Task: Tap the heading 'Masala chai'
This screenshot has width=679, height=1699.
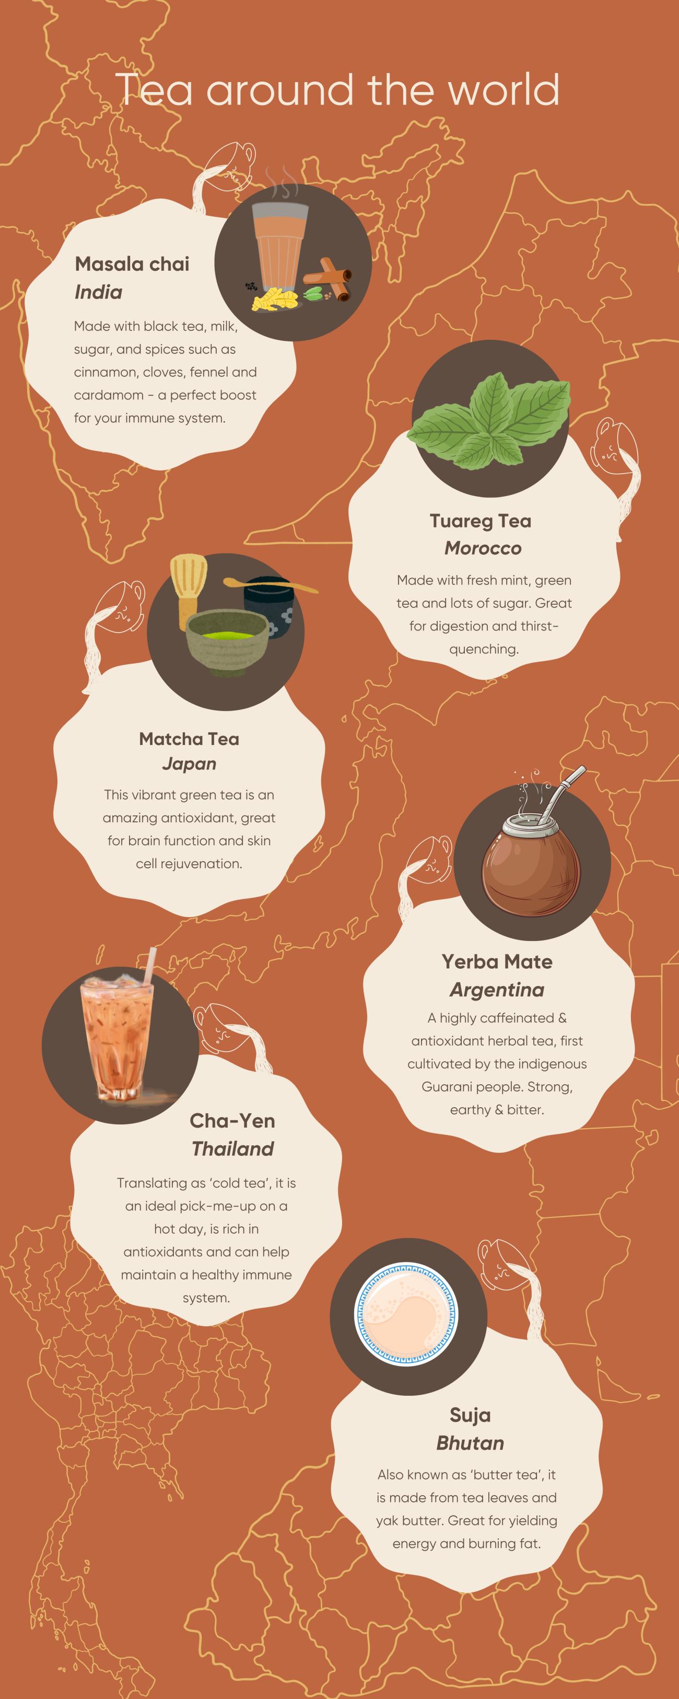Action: tap(132, 264)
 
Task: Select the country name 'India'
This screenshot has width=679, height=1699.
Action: tap(98, 292)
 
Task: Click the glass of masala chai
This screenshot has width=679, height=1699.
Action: tap(280, 249)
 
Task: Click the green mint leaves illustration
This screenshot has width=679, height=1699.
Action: tap(488, 421)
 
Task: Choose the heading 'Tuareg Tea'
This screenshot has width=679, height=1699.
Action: tap(481, 521)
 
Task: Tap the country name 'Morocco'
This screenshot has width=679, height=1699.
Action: tap(483, 548)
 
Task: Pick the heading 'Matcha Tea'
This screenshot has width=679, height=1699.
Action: tap(189, 739)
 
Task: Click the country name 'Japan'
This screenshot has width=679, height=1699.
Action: tap(189, 764)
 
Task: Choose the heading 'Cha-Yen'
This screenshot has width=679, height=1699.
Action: tap(232, 1121)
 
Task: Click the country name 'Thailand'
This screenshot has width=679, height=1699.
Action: tap(233, 1149)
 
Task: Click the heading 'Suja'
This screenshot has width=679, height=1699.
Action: tap(470, 1415)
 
